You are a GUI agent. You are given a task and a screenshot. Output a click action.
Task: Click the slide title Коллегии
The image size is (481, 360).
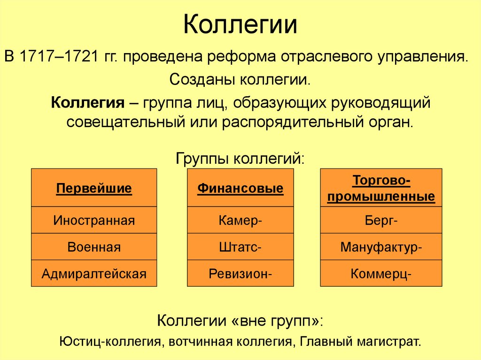[x=240, y=25]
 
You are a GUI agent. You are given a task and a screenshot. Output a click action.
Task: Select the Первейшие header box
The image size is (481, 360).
[x=94, y=189]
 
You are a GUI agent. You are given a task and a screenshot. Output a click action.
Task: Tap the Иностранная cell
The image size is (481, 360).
[x=94, y=220]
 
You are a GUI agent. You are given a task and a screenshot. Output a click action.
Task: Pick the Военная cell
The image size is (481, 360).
[x=94, y=247]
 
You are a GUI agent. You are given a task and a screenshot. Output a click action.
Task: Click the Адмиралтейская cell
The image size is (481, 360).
[x=94, y=273]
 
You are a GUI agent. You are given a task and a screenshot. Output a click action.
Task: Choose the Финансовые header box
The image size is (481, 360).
[x=240, y=189]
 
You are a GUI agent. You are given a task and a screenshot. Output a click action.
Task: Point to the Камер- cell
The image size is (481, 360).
[x=240, y=220]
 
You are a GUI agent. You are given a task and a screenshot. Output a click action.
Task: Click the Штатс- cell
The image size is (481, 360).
[x=240, y=247]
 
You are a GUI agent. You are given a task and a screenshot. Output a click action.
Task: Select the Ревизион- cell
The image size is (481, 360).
[x=240, y=273]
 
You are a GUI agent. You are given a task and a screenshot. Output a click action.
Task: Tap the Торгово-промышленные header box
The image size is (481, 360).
[x=381, y=189]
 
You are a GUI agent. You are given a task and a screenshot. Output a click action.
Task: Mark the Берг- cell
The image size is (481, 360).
[x=381, y=220]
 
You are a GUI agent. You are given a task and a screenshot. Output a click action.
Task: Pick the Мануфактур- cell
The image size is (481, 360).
[x=381, y=247]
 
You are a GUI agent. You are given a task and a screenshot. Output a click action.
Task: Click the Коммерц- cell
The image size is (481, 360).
[x=381, y=273]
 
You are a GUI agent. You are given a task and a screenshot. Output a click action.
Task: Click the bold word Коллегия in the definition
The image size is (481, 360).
[x=87, y=102]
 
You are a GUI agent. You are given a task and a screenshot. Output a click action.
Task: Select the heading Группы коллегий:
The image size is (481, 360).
[x=240, y=157]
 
